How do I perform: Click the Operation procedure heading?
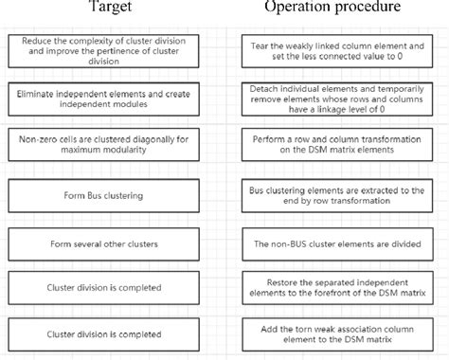pyautogui.click(x=333, y=9)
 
